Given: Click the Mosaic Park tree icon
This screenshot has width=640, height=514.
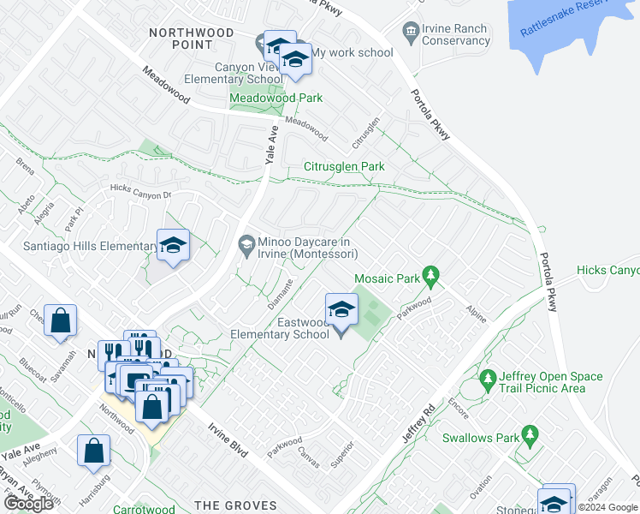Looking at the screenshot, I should coord(432,277).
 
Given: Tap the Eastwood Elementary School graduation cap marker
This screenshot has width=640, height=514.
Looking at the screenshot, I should coord(341,309).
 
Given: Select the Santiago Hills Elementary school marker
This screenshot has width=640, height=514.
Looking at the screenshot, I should coord(172,246).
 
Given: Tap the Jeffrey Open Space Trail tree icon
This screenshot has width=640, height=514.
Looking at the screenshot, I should coord(488,378).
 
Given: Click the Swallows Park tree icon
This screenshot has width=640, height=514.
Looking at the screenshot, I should coord(530,437).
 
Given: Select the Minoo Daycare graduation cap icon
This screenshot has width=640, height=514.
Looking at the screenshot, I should coord(246,246).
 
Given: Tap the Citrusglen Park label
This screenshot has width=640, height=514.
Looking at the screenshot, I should coord(345,166).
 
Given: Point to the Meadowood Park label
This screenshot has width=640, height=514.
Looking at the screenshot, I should coord(276,98).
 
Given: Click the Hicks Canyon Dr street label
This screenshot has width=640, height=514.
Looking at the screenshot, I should coord(141,191).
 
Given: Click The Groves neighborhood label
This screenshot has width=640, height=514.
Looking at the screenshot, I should coord(236,505).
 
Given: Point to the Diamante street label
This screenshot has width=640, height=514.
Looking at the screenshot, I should coord(283,289).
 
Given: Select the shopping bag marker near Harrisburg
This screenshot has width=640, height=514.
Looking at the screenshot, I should coord(93,451).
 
